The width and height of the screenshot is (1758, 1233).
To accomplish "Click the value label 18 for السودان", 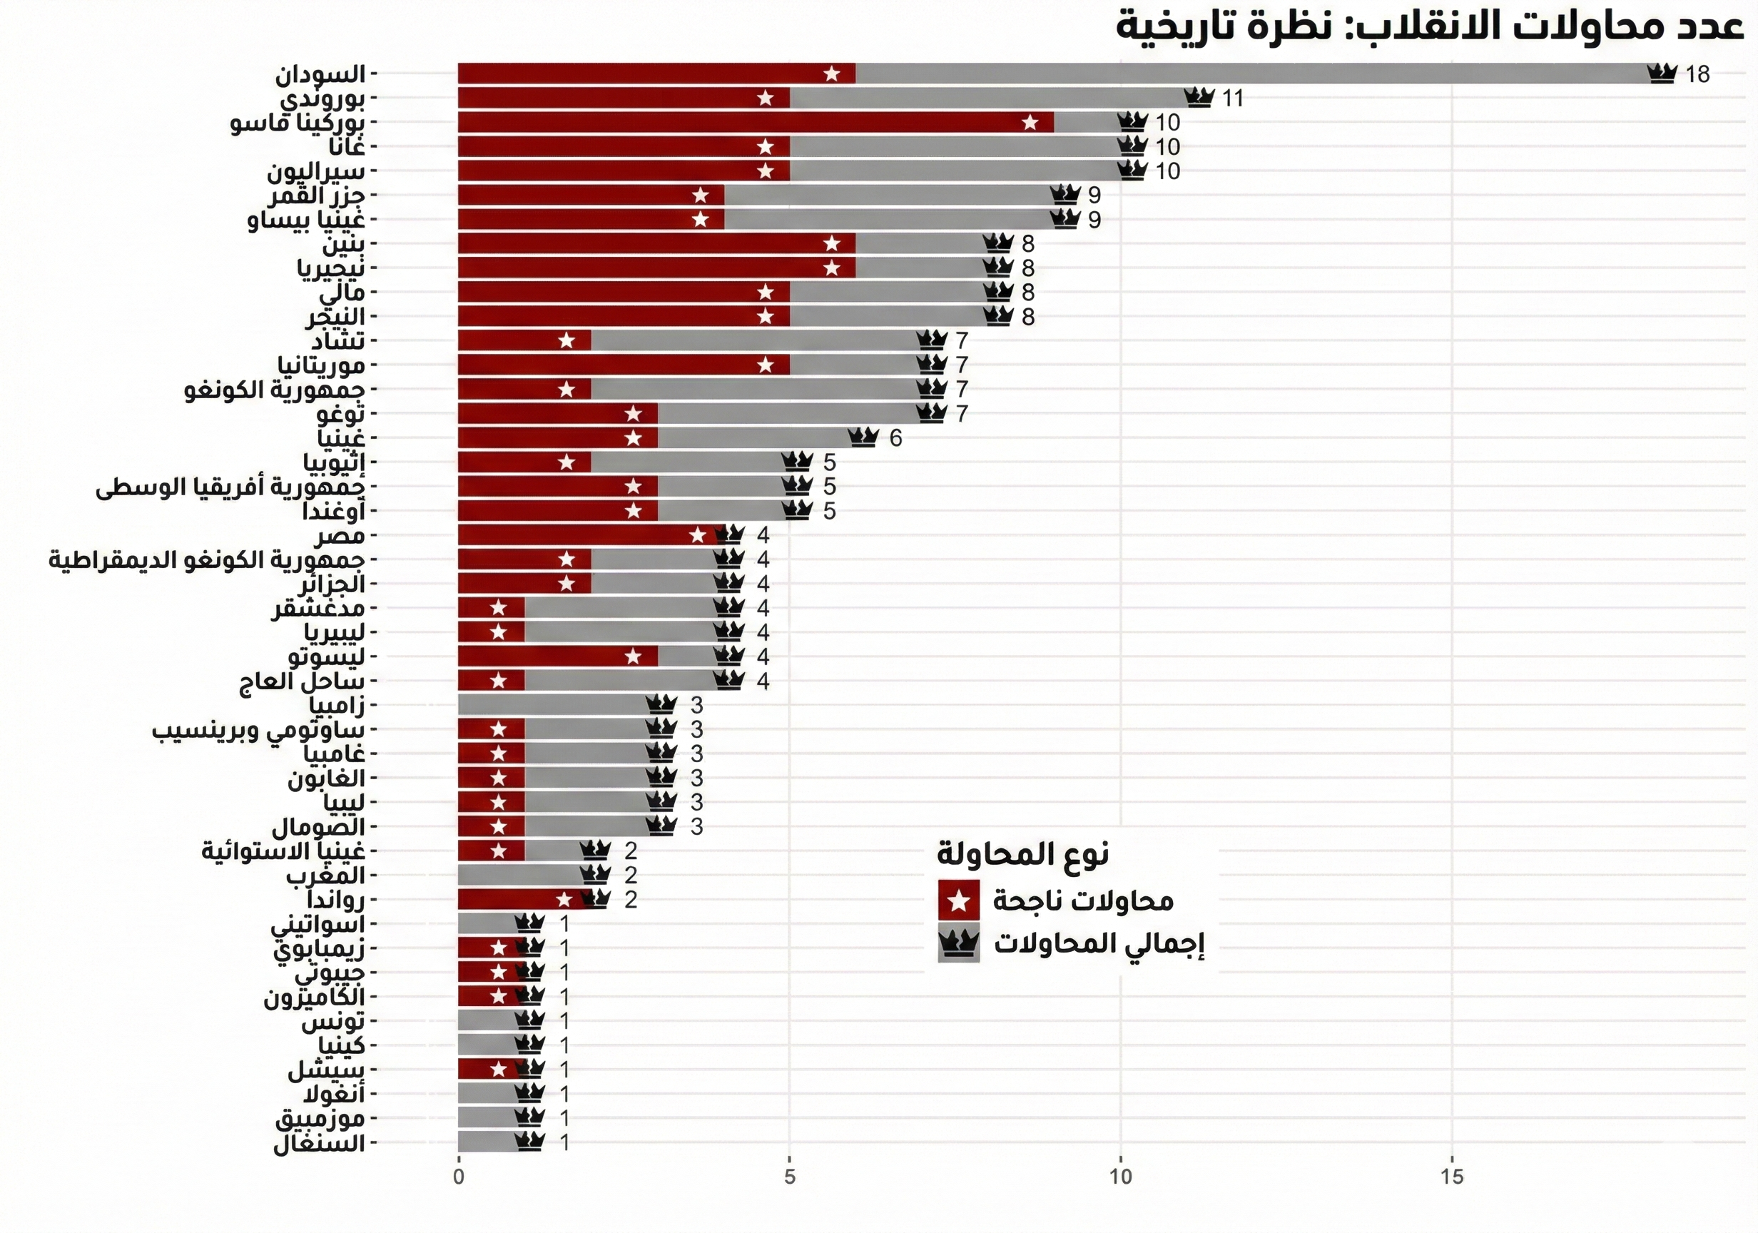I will [x=1697, y=74].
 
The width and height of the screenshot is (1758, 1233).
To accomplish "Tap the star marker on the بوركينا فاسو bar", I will [x=1030, y=123].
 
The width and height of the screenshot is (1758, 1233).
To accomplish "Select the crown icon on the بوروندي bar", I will [x=1199, y=98].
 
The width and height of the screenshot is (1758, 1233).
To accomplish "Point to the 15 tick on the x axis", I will [x=1452, y=1177].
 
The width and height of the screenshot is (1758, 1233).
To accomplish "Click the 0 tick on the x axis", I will [x=459, y=1177].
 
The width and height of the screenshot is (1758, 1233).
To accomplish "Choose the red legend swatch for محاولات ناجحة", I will [x=958, y=900].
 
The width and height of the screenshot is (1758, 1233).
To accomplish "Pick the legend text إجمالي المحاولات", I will [x=1099, y=943].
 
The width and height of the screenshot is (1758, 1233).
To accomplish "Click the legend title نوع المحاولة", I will [x=1022, y=853].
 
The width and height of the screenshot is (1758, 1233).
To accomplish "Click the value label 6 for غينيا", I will [x=895, y=438].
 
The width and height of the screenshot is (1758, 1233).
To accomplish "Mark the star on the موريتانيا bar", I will [x=766, y=365].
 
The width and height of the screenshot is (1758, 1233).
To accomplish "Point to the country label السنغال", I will [x=320, y=1143].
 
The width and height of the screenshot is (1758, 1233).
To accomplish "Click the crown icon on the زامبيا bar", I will [x=661, y=704].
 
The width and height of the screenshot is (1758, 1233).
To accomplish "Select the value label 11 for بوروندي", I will [x=1232, y=98].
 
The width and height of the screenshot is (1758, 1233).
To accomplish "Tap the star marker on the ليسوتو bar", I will [x=634, y=656].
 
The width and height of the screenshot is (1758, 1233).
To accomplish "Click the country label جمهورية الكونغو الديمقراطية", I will [x=207, y=560].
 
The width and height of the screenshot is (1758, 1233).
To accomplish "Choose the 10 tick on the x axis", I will [x=1121, y=1177].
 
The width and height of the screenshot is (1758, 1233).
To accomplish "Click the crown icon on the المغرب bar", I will [x=595, y=875].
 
